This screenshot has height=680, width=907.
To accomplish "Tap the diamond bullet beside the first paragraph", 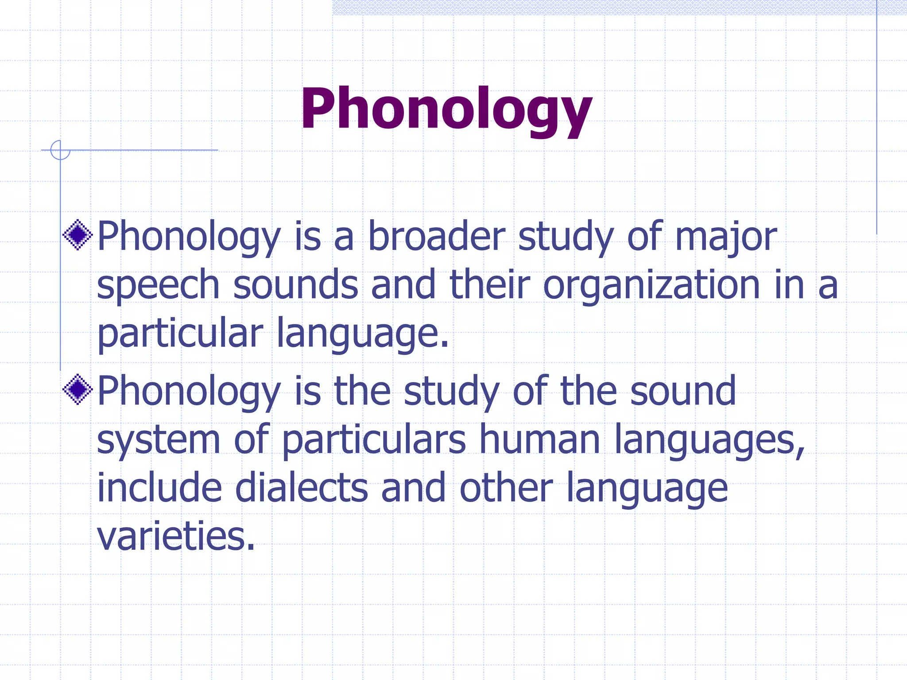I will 78,235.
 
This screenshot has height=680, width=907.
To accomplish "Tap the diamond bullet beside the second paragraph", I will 78,390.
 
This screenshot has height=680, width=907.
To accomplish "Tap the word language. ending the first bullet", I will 363,333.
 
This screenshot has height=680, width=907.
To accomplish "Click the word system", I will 158,440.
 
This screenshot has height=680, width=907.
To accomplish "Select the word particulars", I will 374,440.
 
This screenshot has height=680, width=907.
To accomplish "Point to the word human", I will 539,440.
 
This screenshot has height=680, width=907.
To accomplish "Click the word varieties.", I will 176,536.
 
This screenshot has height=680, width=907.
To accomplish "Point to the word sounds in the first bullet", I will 295,285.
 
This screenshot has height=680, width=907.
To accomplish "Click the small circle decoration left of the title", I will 60,150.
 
